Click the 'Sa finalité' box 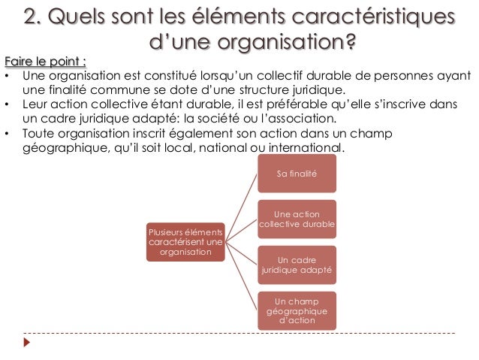tap(297, 174)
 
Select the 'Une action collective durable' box tap(297, 219)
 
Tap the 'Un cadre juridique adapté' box tap(297, 264)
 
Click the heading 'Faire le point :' tap(45, 61)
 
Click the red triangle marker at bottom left tap(28, 343)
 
